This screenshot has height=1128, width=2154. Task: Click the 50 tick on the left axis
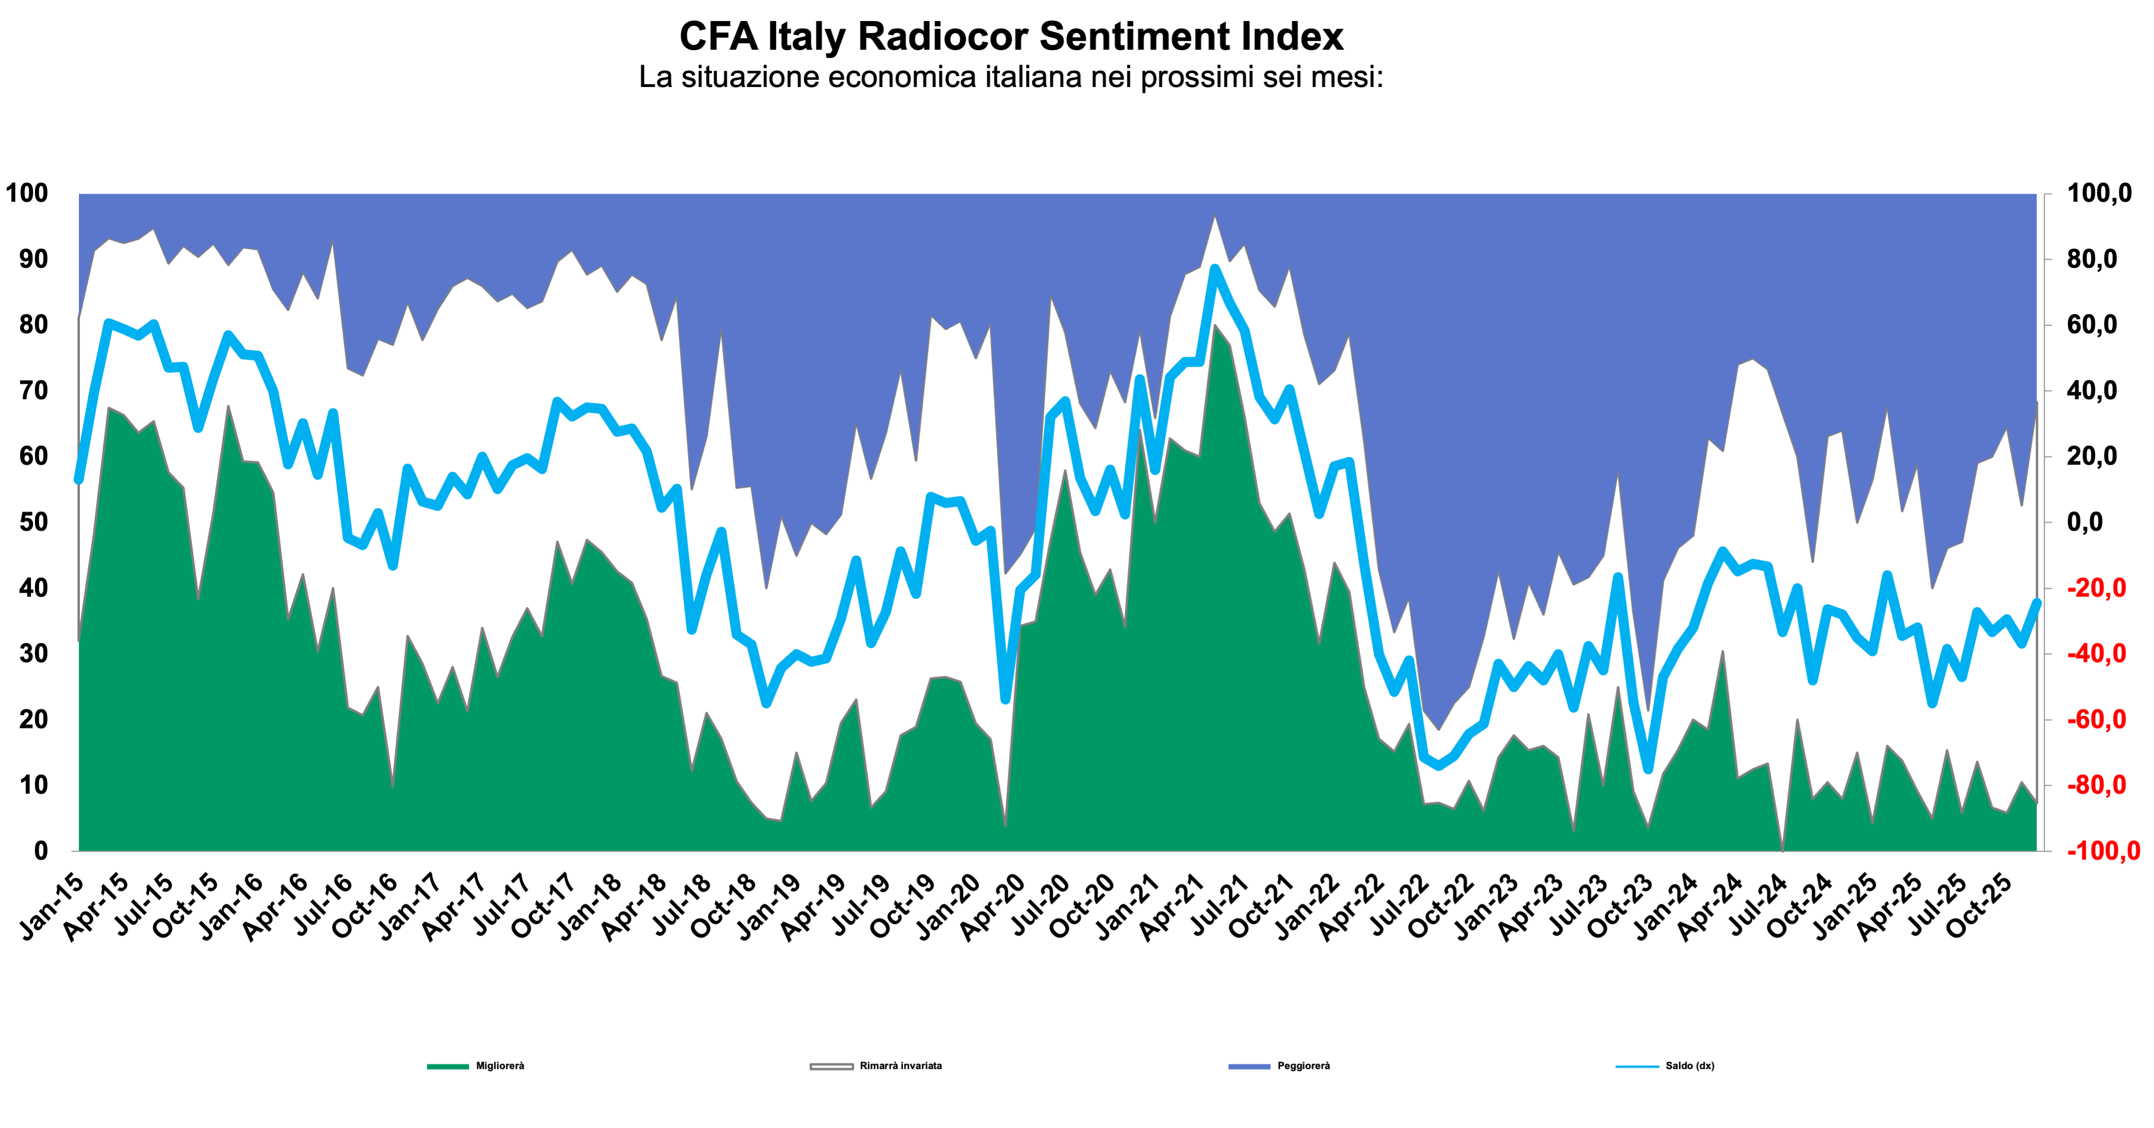click(x=33, y=522)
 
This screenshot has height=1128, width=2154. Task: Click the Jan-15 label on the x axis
click(x=52, y=907)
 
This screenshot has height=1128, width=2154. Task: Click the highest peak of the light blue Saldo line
click(x=1215, y=269)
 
